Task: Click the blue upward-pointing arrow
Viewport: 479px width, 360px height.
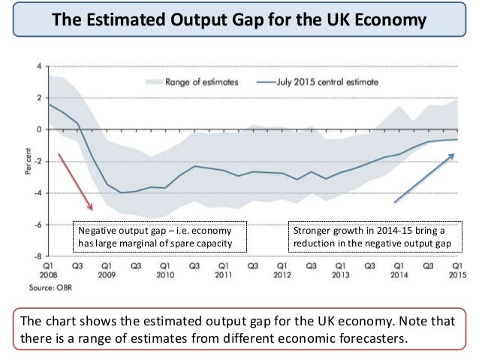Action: pyautogui.click(x=424, y=177)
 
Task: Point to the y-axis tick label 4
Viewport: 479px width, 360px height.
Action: pyautogui.click(x=39, y=67)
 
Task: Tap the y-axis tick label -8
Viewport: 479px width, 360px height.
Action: pyautogui.click(x=38, y=256)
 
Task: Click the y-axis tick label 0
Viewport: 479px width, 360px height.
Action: pyautogui.click(x=39, y=130)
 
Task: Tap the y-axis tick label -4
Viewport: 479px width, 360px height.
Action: pyautogui.click(x=38, y=193)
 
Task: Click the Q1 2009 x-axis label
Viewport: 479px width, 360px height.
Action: pyautogui.click(x=107, y=270)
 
